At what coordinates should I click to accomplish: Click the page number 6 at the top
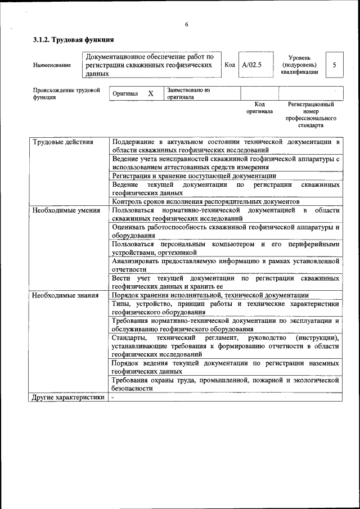click(x=186, y=24)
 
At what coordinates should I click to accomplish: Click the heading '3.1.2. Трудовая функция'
click(x=73, y=40)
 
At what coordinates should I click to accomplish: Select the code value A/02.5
click(x=251, y=65)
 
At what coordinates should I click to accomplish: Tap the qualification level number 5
click(x=334, y=65)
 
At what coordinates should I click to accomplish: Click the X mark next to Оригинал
click(x=151, y=93)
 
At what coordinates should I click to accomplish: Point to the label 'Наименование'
click(x=52, y=65)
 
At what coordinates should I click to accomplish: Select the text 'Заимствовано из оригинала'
click(x=188, y=93)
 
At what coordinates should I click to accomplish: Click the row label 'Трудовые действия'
click(x=62, y=142)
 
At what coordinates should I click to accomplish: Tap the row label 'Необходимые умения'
click(x=66, y=210)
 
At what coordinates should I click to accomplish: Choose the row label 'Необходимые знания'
click(x=65, y=295)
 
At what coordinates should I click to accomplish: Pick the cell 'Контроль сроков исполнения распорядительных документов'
click(x=205, y=201)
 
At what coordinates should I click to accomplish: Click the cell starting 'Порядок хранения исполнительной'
click(x=210, y=295)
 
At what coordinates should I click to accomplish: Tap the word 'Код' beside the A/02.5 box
click(x=229, y=65)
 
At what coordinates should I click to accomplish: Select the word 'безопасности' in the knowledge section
click(x=132, y=388)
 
